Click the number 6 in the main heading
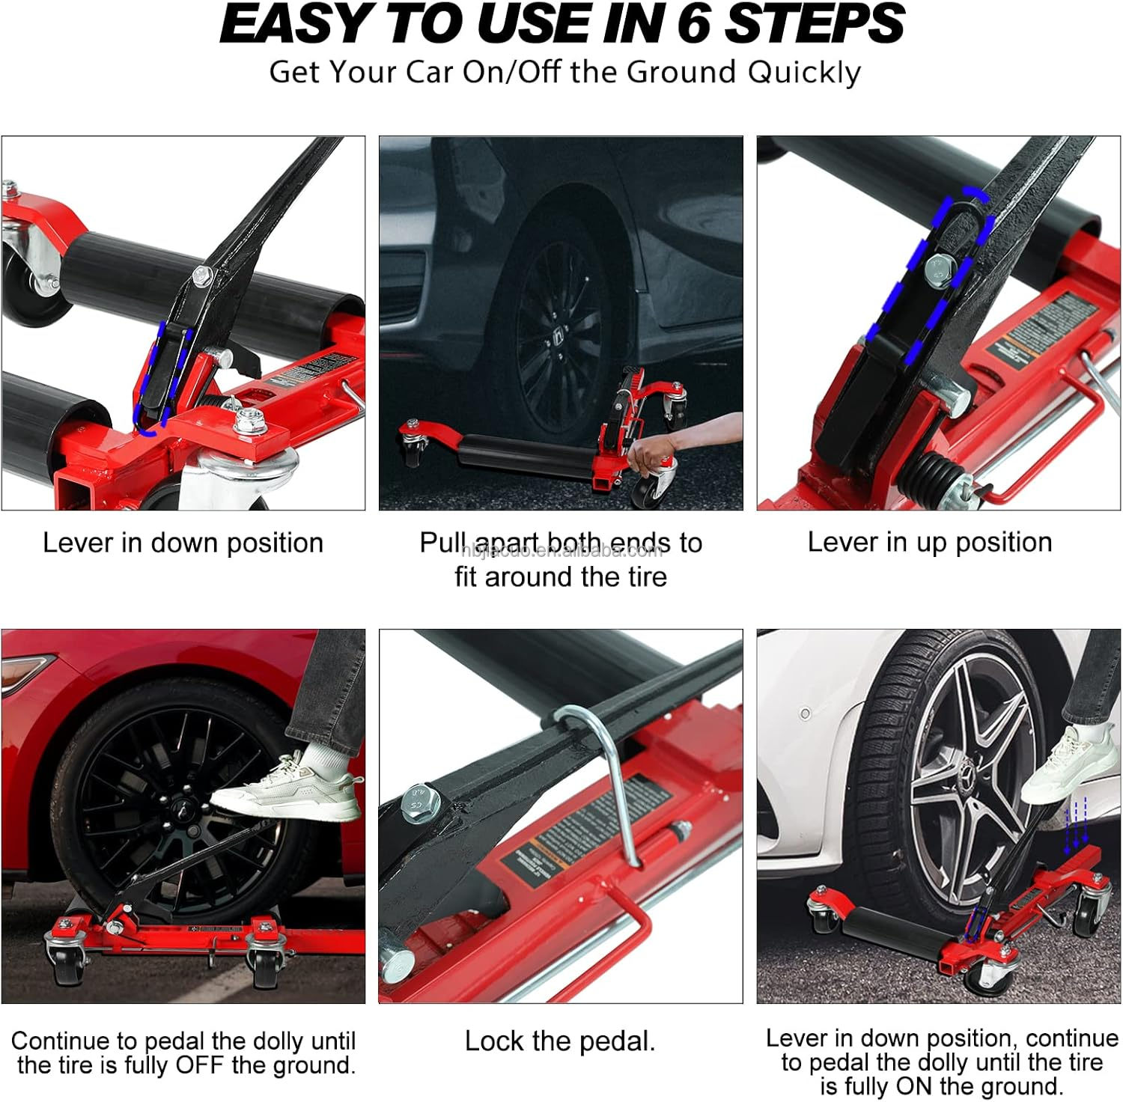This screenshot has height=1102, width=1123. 693,23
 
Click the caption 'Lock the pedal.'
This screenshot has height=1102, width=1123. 560,1041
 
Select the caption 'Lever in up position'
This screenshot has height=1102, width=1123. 929,542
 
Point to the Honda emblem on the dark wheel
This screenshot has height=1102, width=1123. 558,338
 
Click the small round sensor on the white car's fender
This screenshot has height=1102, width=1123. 805,713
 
